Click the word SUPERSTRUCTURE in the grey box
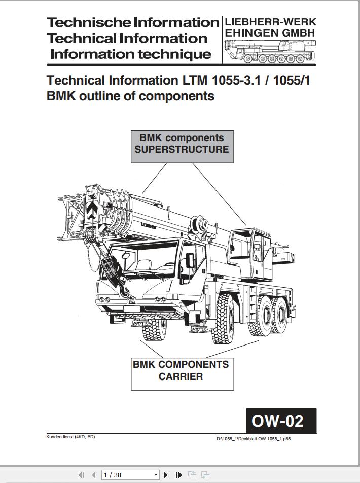[182, 150]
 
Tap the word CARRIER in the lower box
[181, 377]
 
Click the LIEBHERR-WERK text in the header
[270, 22]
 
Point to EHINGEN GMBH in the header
[270, 33]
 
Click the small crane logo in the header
[269, 52]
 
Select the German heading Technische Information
[132, 23]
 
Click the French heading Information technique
[130, 55]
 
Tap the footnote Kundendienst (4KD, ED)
[70, 437]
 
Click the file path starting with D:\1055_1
[254, 439]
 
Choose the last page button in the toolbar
[179, 475]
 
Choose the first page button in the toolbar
[81, 475]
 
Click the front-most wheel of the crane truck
[154, 328]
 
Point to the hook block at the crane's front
[109, 269]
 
